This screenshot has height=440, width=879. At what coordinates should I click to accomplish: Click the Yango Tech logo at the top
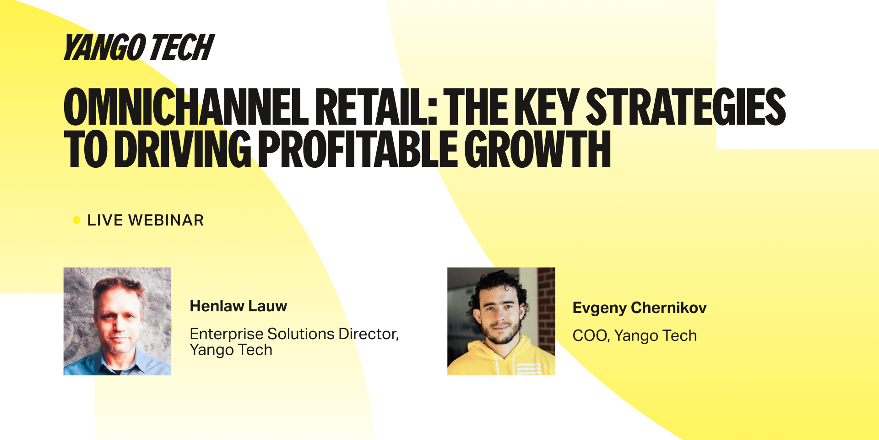click(x=139, y=47)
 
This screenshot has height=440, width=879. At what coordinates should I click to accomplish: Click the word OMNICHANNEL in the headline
click(x=186, y=107)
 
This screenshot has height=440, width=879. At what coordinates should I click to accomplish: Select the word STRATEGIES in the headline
click(x=686, y=107)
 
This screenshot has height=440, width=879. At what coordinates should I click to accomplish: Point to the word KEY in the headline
click(x=547, y=107)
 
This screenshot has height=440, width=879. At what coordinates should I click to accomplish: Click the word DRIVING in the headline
click(x=183, y=148)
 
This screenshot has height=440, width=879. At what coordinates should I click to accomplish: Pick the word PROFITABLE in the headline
click(x=358, y=148)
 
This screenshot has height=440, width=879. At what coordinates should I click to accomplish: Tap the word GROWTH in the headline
click(x=537, y=148)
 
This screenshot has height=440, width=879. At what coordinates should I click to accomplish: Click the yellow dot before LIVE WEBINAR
click(x=76, y=220)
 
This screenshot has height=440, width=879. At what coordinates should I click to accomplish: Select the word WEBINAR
click(x=166, y=220)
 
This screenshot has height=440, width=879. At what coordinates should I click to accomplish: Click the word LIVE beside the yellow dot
click(x=105, y=220)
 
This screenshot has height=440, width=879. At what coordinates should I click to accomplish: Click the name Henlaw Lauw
click(x=239, y=306)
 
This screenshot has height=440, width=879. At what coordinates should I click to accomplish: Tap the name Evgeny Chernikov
click(x=640, y=308)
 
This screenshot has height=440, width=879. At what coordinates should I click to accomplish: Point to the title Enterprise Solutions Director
click(x=294, y=334)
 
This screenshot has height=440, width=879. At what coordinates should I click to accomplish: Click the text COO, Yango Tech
click(x=635, y=335)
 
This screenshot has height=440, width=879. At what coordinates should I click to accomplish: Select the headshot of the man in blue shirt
click(x=117, y=321)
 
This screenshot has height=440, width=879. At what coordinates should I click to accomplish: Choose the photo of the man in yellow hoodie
click(x=501, y=321)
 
